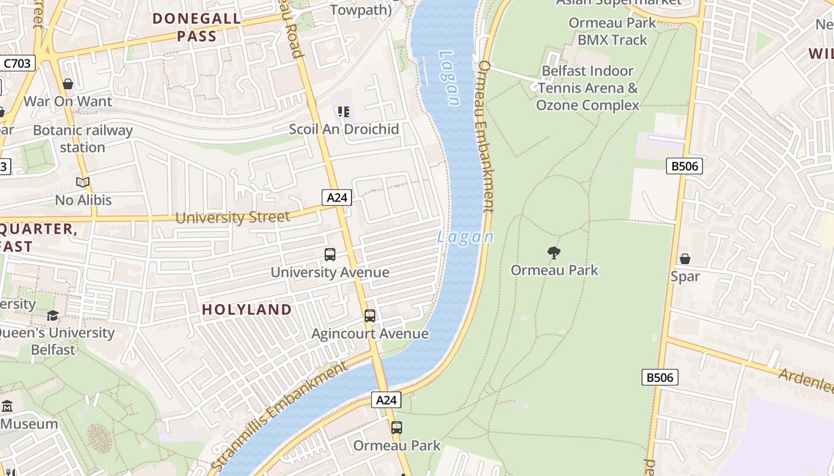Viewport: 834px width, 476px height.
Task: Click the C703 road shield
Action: pyautogui.click(x=17, y=63)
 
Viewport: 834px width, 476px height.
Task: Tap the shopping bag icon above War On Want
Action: pyautogui.click(x=68, y=84)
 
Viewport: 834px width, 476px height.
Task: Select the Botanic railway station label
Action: pyautogui.click(x=82, y=139)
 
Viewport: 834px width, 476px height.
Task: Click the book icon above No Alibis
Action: pyautogui.click(x=83, y=183)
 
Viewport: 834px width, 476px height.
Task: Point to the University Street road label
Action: pyautogui.click(x=232, y=217)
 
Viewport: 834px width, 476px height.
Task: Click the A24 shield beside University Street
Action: pyautogui.click(x=337, y=198)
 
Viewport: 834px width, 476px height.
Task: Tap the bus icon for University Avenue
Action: pyautogui.click(x=330, y=255)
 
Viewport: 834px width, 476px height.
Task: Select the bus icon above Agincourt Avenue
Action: pyautogui.click(x=370, y=316)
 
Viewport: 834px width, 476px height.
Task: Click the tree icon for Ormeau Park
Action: pyautogui.click(x=554, y=253)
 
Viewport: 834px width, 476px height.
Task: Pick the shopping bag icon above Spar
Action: pyautogui.click(x=685, y=259)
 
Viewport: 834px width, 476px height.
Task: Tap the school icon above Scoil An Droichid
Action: pyautogui.click(x=344, y=112)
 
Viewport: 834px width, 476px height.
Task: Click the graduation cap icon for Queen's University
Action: pyautogui.click(x=53, y=315)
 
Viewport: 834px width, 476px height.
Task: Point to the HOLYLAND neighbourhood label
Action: pyautogui.click(x=247, y=309)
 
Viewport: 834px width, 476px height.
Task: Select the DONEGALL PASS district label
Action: pyautogui.click(x=197, y=27)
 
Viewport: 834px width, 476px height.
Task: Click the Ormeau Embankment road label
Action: pyautogui.click(x=486, y=137)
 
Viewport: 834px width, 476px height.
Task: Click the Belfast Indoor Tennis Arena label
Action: pyautogui.click(x=587, y=88)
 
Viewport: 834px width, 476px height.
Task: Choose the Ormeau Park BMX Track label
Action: pyautogui.click(x=612, y=32)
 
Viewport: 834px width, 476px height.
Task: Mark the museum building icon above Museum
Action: pyautogui.click(x=7, y=406)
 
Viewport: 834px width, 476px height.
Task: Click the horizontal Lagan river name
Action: pyautogui.click(x=465, y=237)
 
